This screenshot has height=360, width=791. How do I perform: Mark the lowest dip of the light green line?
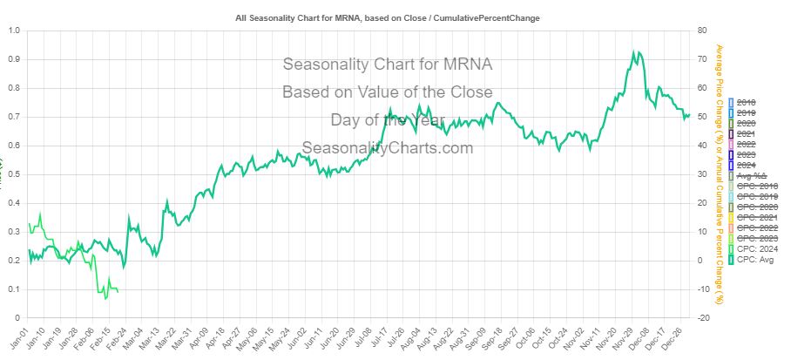[x=105, y=299]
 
